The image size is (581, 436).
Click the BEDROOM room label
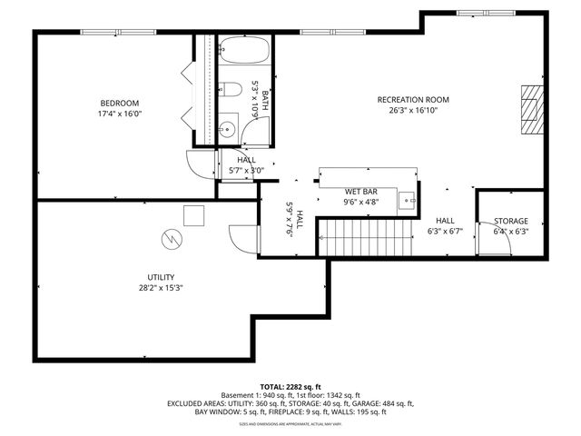(x=120, y=103)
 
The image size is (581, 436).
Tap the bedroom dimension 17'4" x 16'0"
(x=120, y=114)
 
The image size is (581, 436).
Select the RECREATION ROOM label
(x=413, y=100)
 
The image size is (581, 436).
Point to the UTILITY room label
(x=161, y=277)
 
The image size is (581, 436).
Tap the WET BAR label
(x=360, y=192)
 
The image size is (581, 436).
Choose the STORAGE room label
(x=510, y=221)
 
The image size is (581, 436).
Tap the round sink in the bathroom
(x=227, y=128)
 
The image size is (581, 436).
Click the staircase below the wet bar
(x=357, y=241)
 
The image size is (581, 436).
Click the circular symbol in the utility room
(x=170, y=239)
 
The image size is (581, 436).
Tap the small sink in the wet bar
(x=409, y=201)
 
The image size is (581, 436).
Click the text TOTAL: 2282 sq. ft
(x=290, y=386)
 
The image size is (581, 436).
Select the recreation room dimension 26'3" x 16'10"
(x=413, y=111)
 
